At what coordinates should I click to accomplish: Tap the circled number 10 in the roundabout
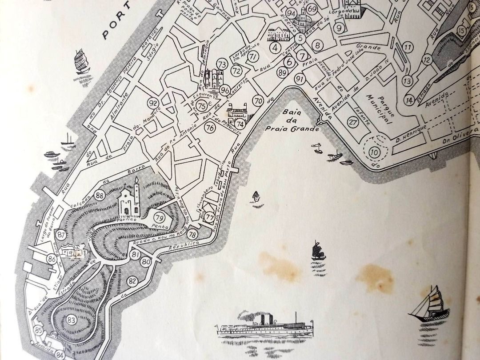pos(374,152)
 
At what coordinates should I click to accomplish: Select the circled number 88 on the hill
pos(100,196)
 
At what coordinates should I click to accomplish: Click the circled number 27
pos(353,123)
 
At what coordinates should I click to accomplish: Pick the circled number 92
pos(153,104)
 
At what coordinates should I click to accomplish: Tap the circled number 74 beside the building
pos(240,124)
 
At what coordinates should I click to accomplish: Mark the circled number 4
pos(275,48)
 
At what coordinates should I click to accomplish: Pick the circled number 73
pos(222,64)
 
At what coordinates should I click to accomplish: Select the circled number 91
pos(299,79)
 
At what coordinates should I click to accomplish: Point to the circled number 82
pos(132,281)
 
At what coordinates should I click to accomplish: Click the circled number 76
pos(210,128)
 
